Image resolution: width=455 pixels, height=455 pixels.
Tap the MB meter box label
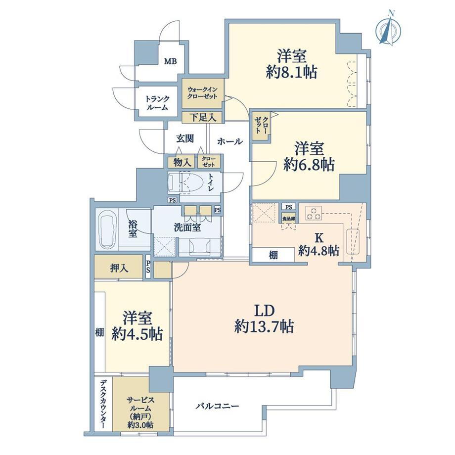(x=170, y=61)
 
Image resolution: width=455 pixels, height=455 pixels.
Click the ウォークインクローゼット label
(x=202, y=93)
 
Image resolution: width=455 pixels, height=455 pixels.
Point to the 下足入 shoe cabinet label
(x=203, y=118)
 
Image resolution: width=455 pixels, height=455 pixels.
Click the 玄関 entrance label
(x=185, y=138)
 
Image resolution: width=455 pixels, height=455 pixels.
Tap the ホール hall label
(x=230, y=141)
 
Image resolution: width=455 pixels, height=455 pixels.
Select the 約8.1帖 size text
(x=291, y=72)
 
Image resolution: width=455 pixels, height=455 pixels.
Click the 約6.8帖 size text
(x=309, y=165)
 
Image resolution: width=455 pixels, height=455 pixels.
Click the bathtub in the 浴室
(x=107, y=229)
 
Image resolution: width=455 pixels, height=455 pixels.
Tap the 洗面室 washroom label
(x=187, y=227)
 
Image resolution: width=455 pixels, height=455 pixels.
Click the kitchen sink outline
(x=353, y=242)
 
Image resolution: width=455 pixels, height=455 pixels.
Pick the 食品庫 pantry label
(x=289, y=219)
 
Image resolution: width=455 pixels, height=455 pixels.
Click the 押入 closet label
(x=119, y=269)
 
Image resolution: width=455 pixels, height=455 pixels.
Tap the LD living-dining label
(x=264, y=311)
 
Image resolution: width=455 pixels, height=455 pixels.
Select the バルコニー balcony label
(x=217, y=406)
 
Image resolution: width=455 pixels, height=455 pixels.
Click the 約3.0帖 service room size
(x=140, y=425)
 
